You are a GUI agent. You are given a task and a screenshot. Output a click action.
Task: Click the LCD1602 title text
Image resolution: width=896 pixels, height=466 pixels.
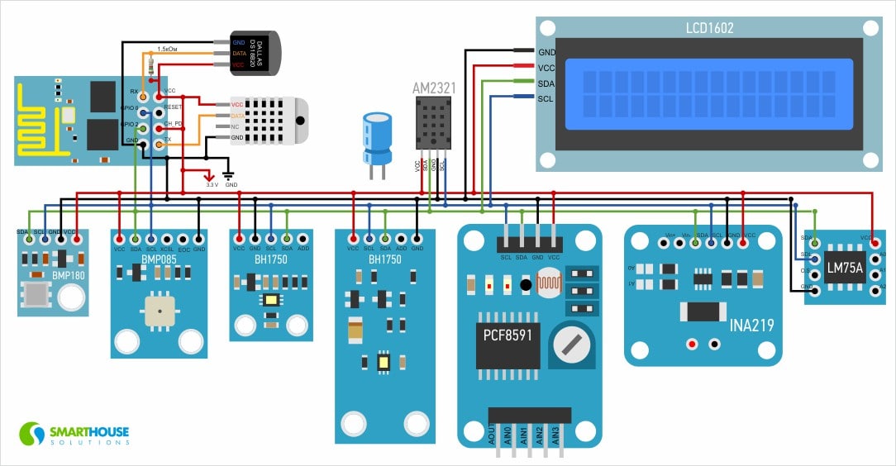coord(709,28)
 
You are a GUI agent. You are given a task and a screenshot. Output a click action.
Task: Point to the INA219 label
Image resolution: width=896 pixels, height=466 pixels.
coord(751,325)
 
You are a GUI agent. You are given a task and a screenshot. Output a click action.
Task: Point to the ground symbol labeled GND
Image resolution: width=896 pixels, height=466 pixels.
coord(230,175)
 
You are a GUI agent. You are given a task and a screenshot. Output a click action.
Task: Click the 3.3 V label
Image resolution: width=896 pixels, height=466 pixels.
coord(212,185)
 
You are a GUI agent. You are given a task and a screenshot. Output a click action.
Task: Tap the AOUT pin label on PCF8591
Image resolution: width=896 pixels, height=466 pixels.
coord(492,435)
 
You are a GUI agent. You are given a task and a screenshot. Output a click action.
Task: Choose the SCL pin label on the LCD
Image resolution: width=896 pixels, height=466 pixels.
coord(546,98)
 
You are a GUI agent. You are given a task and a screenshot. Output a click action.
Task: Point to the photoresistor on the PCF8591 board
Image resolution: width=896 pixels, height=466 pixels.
coord(548,286)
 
